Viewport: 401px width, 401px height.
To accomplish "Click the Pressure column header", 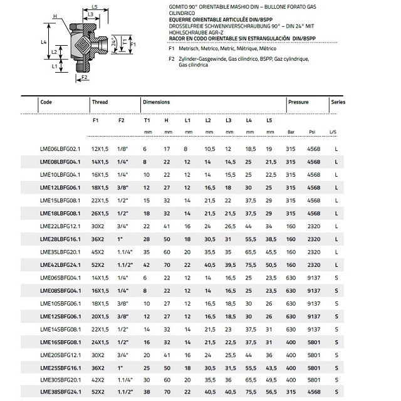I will [x=299, y=102].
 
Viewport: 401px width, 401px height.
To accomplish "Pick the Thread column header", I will [x=100, y=102].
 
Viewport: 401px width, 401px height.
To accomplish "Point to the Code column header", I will [x=46, y=102].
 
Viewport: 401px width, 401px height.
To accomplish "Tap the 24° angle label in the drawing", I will [x=113, y=44].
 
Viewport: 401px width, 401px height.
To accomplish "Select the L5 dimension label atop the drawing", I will [x=93, y=6].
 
